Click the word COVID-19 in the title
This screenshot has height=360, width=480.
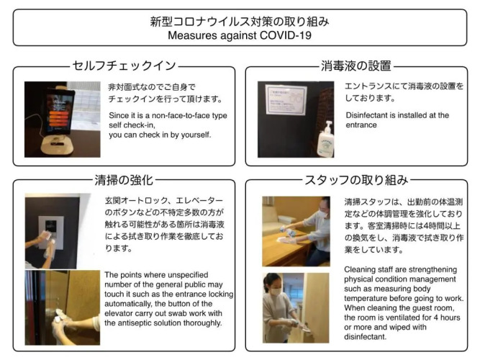click(x=285, y=35)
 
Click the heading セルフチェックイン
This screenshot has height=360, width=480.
click(x=124, y=66)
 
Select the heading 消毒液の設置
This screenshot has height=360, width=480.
click(x=356, y=66)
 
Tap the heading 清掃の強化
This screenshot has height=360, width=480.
click(x=124, y=180)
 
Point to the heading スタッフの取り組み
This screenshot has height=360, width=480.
click(x=356, y=180)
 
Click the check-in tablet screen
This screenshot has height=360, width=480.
click(x=59, y=112)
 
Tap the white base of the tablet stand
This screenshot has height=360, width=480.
click(x=58, y=145)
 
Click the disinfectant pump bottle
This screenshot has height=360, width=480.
click(x=326, y=140)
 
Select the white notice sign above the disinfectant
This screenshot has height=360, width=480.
click(x=286, y=99)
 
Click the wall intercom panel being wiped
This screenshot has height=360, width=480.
click(x=51, y=232)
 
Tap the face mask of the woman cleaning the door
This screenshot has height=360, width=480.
click(x=276, y=292)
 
